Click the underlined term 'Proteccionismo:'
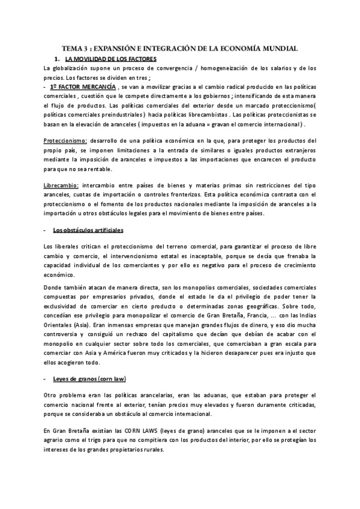click(x=66, y=140)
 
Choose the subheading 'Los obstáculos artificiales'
click(x=88, y=230)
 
